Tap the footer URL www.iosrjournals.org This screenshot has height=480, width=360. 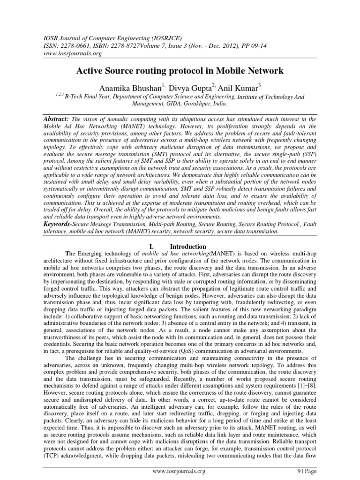coord(178,471)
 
